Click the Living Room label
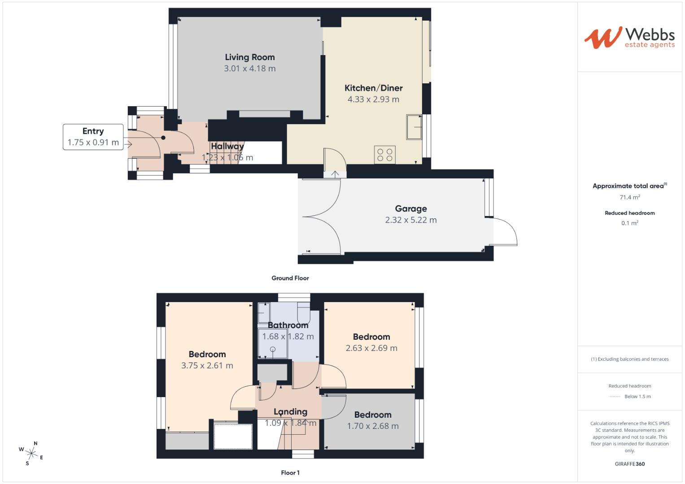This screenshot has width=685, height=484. [249, 57]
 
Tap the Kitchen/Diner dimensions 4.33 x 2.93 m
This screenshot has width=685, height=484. [373, 99]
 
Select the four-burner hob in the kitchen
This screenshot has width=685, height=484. [385, 155]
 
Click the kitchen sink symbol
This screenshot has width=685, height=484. [414, 127]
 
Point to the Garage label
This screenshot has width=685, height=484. [410, 208]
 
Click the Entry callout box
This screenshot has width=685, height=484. [93, 137]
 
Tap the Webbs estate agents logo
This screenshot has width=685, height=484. [629, 38]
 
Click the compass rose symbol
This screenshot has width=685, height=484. [32, 453]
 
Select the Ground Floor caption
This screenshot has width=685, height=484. [290, 278]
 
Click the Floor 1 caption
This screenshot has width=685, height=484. [290, 472]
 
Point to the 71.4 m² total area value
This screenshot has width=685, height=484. [630, 197]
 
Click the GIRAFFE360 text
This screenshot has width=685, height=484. [630, 464]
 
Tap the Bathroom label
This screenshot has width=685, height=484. [288, 325]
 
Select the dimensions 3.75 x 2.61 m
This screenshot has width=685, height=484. [207, 365]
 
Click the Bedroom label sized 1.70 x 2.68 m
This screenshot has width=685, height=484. [372, 415]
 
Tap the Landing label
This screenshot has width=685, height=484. [290, 411]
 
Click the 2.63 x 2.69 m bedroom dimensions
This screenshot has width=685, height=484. [371, 348]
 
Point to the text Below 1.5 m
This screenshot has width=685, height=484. [637, 397]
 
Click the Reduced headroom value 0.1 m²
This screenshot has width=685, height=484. [630, 223]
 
